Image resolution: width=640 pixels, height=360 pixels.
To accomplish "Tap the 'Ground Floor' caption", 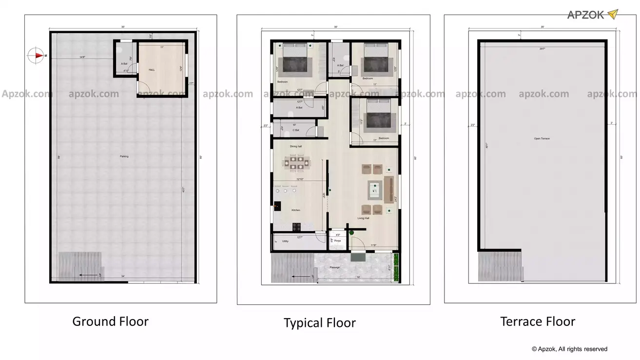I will click(110, 322).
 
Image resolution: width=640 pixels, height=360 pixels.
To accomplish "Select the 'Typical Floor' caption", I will click(320, 323).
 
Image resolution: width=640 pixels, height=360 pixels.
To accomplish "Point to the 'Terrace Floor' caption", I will click(538, 322).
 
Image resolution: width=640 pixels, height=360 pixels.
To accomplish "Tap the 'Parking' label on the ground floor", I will click(124, 156).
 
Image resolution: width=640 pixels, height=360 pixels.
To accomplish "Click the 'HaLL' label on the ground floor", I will click(152, 70).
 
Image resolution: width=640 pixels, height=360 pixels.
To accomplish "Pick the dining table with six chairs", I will click(296, 162).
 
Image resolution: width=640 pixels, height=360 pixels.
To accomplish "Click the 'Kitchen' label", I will click(296, 210).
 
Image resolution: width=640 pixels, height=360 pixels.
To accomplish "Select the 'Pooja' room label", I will click(337, 241).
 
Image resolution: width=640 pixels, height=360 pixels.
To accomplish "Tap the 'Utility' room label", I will click(285, 241).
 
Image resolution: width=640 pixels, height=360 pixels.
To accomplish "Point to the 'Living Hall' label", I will click(363, 218).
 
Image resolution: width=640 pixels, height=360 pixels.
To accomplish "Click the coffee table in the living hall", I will click(374, 188).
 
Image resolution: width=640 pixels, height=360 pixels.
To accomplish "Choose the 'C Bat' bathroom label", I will click(295, 130).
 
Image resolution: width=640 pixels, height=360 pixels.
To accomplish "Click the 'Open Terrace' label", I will click(542, 139).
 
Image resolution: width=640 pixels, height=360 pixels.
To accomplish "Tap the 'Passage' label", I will click(334, 267).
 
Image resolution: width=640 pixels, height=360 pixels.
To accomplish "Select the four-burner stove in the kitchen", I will click(296, 226).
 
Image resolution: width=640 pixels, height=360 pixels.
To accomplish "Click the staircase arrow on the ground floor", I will click(88, 276).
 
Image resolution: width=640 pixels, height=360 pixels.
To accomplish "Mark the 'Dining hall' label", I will click(296, 146).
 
